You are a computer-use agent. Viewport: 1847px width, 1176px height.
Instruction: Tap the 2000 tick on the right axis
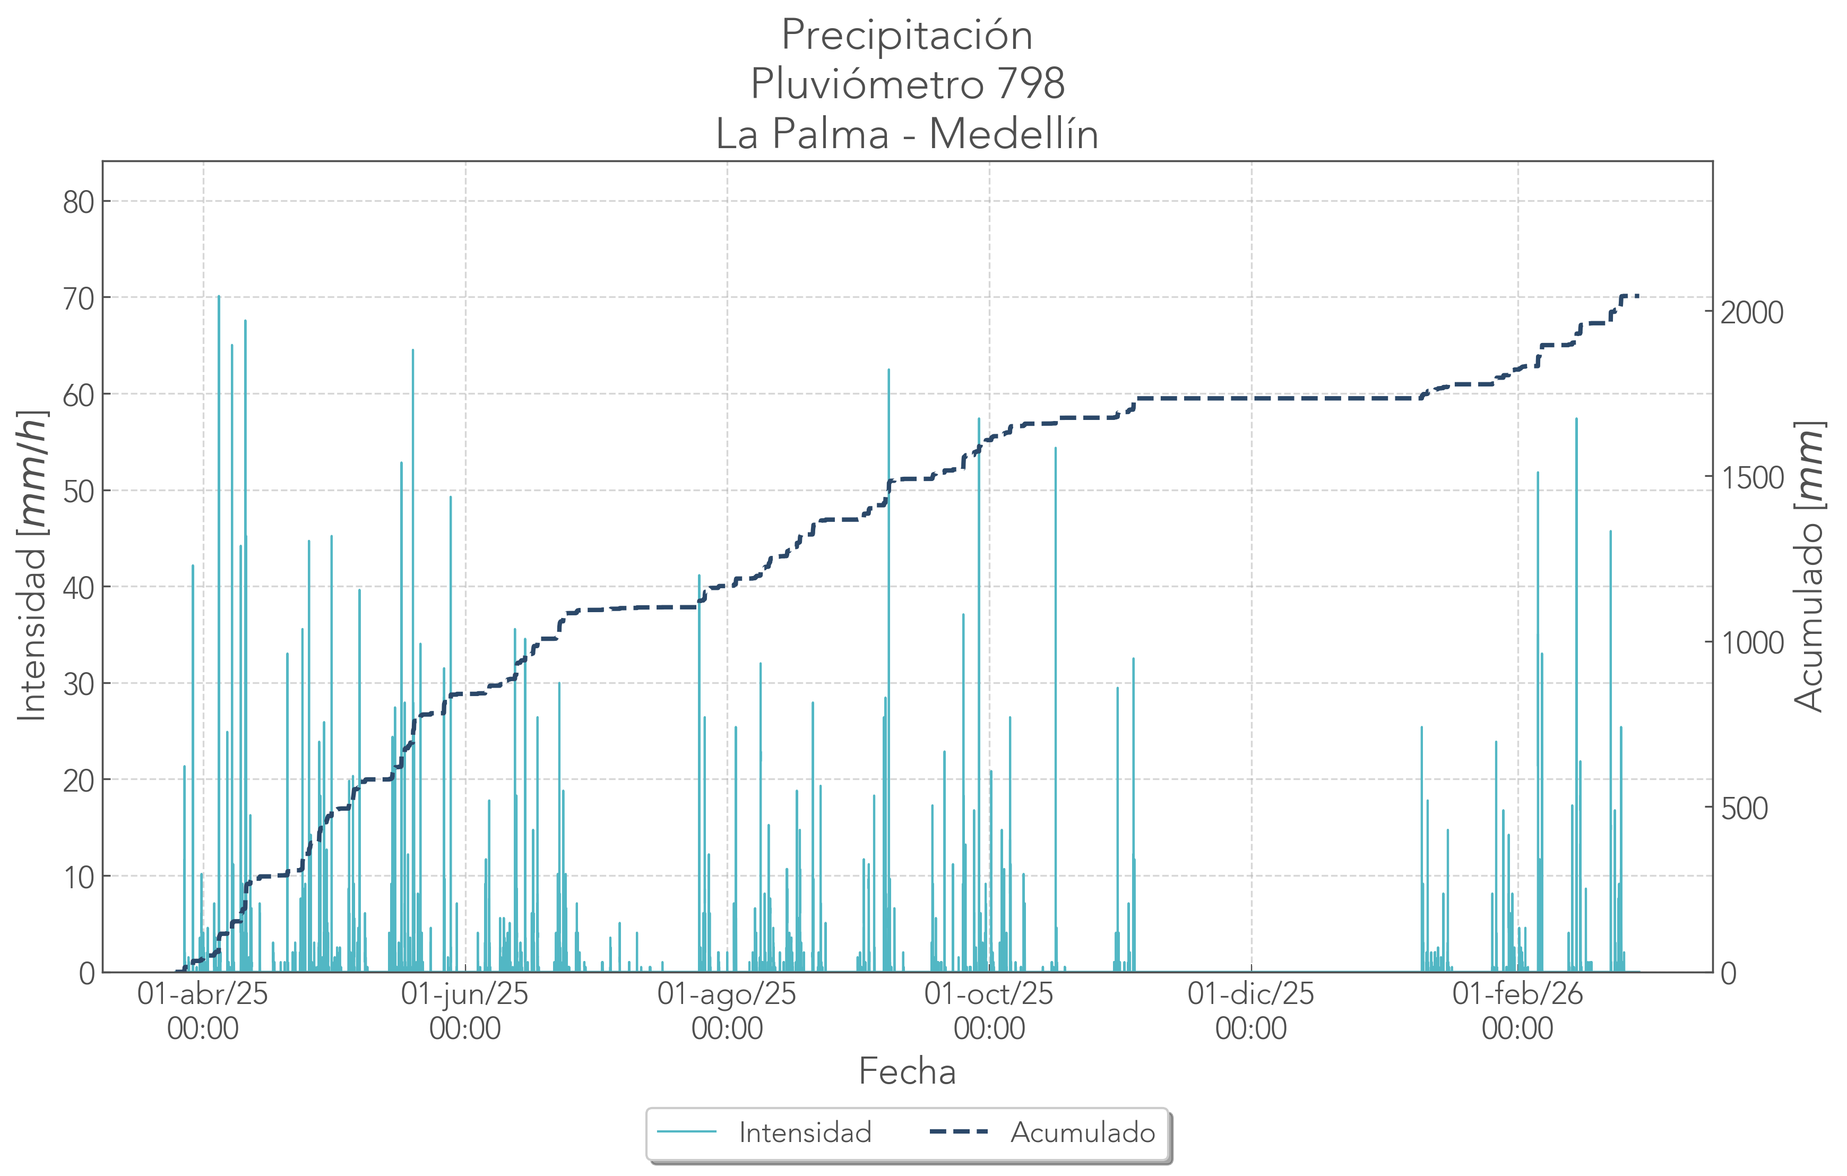coord(1752,313)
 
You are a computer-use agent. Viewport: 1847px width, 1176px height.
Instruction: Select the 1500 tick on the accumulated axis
coord(1752,478)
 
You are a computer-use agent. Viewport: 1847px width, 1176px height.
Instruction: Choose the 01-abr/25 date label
coord(203,994)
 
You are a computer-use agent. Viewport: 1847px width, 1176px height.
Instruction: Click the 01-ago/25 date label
coord(727,994)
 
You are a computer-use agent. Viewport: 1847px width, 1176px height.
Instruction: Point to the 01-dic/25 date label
coord(1250,994)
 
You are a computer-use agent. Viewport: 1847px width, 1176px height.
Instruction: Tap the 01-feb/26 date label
coord(1517,994)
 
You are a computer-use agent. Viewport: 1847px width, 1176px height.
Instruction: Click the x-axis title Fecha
coord(907,1071)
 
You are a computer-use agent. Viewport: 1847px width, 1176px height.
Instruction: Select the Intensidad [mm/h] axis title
coord(32,566)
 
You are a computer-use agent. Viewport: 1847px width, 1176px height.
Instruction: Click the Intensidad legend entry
coord(805,1133)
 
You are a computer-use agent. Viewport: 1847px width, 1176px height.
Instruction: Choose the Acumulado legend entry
coord(1082,1133)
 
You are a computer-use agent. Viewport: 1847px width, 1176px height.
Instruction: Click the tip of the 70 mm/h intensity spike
coord(219,296)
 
